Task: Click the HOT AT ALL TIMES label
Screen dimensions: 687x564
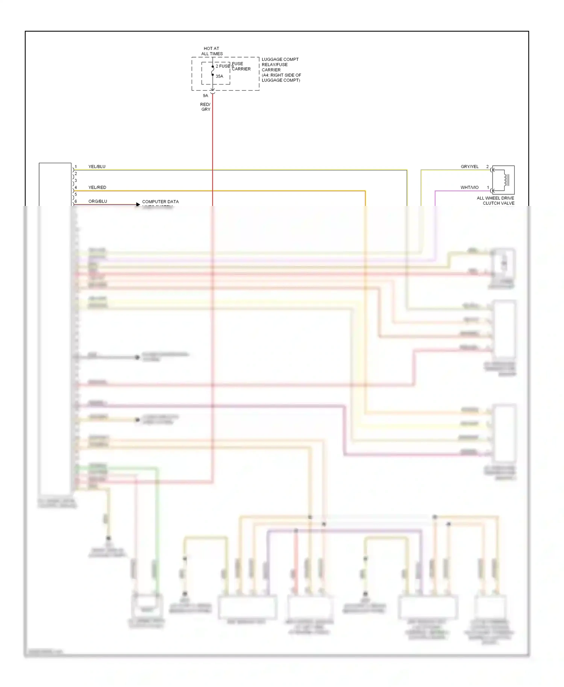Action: coord(212,51)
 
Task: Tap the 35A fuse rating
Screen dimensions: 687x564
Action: coord(219,76)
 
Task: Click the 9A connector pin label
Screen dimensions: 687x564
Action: coord(205,95)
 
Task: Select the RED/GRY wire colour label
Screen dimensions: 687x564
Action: coord(205,107)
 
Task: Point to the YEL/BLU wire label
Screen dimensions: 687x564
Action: coord(97,166)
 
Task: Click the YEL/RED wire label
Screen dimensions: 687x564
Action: coord(97,187)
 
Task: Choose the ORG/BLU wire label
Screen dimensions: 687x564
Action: coord(98,201)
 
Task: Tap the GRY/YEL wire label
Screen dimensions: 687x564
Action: coord(470,166)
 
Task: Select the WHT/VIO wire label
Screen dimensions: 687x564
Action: coord(470,187)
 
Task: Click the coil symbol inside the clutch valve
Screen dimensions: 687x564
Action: coord(505,180)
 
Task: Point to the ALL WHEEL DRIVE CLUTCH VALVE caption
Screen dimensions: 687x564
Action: coord(496,201)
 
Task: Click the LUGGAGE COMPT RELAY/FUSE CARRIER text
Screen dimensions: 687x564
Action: coord(281,70)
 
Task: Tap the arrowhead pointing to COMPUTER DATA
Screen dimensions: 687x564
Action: coord(138,204)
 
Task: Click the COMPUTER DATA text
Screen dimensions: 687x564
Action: coord(160,202)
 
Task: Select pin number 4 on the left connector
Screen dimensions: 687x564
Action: coord(76,187)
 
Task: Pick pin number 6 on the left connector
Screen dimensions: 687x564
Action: coord(76,201)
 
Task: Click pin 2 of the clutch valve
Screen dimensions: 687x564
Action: coord(488,166)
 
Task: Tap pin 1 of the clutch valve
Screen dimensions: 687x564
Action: coord(488,187)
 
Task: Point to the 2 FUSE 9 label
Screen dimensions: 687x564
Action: coord(224,66)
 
